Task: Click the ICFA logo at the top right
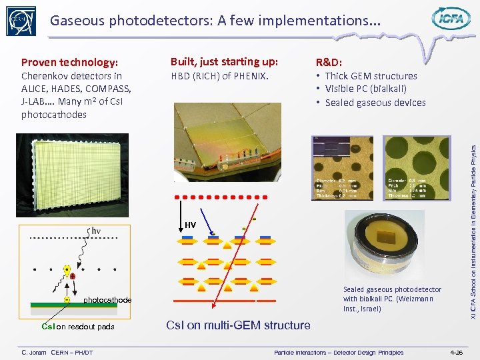[451, 19]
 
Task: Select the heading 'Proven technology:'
[70, 63]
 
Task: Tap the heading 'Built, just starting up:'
[224, 62]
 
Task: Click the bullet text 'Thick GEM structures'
[371, 76]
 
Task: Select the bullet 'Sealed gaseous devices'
[375, 103]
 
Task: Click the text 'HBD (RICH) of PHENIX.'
[219, 76]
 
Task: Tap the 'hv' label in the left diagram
[95, 231]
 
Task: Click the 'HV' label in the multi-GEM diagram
[190, 225]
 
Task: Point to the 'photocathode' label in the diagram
[107, 300]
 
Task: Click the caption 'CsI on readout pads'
[78, 327]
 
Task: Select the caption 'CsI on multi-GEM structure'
[238, 325]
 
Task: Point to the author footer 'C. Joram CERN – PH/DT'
[57, 352]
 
